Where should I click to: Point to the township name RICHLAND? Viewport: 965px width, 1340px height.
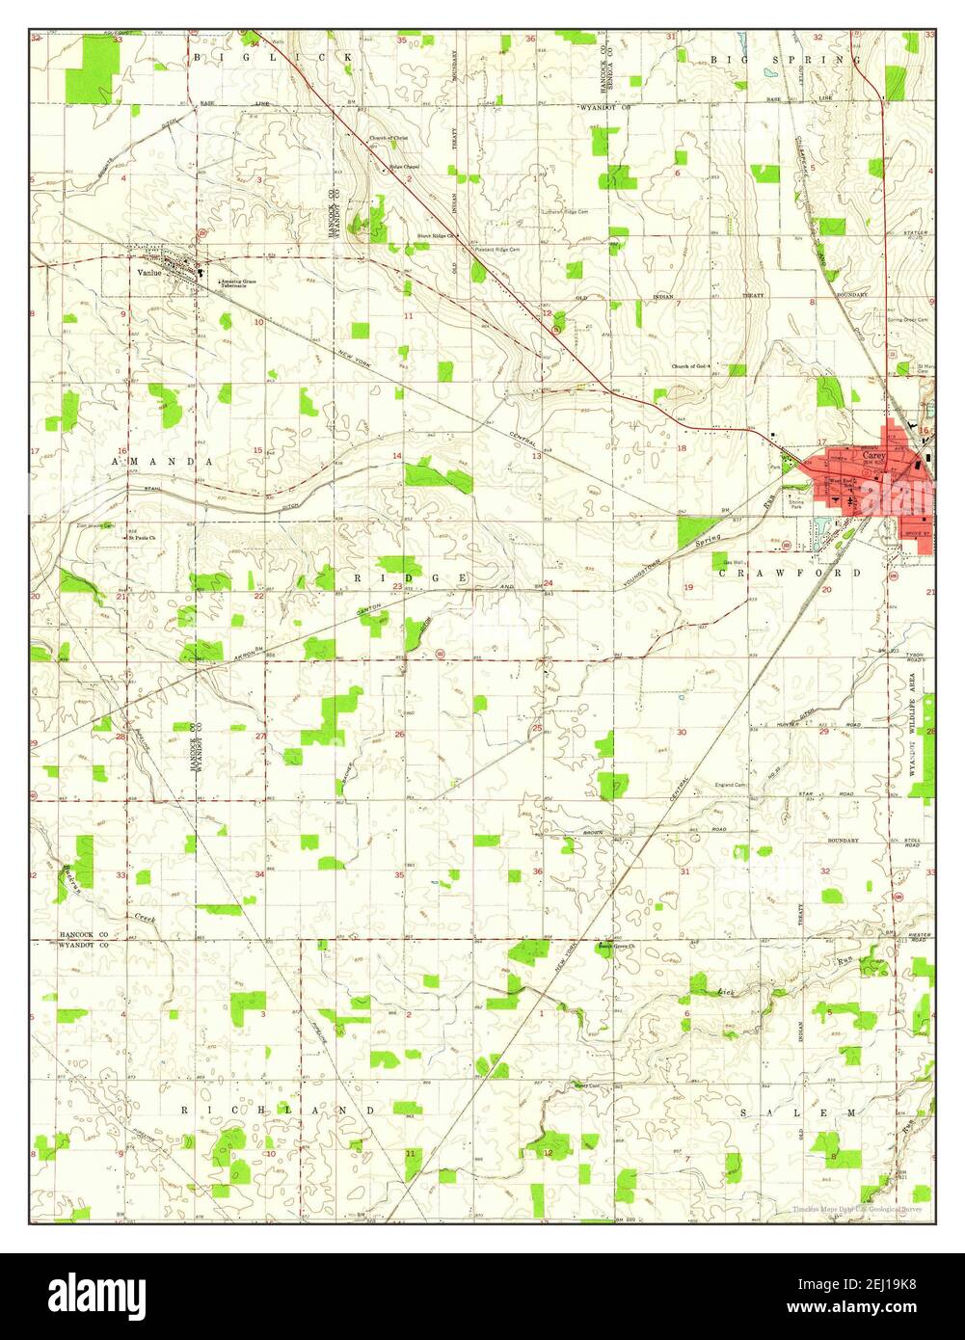tap(279, 1111)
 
